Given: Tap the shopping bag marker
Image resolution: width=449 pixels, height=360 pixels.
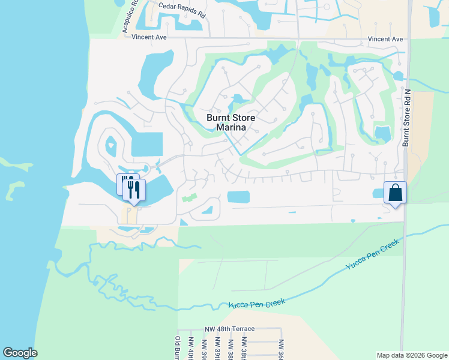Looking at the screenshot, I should coord(395,193).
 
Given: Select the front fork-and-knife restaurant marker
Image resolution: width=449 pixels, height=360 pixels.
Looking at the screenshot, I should coord(134,190).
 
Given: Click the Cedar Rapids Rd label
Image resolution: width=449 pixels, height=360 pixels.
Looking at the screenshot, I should coord(182,10).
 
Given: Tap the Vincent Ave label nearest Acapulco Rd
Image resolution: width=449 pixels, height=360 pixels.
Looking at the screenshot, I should coord(149,37).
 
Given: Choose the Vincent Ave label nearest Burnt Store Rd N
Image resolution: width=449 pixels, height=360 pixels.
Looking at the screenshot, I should coord(385,39).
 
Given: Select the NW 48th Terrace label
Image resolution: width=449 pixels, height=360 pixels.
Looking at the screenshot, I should coord(229,329).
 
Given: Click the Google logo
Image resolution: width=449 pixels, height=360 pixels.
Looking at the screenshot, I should coord(20,353).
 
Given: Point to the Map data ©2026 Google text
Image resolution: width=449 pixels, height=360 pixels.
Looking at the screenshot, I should coord(411,355).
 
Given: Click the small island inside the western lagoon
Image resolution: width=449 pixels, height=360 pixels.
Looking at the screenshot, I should coord(111,145).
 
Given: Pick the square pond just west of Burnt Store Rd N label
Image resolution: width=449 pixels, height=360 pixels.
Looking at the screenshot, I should coord(382,133).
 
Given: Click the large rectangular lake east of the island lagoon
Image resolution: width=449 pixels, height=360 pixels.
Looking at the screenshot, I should coord(146,144).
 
